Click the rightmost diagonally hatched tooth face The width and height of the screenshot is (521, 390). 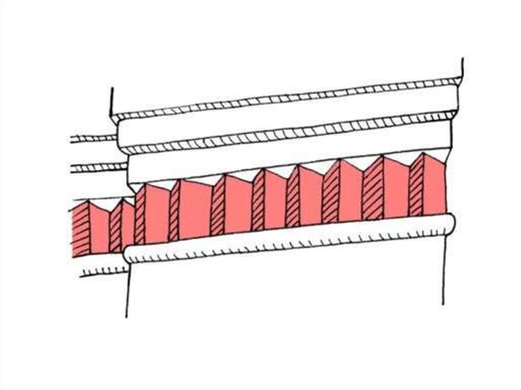pos(416,186)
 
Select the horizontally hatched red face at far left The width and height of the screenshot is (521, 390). pos(80,230)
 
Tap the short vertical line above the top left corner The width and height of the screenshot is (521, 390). pos(112,101)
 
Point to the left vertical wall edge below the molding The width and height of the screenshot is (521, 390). pos(128,290)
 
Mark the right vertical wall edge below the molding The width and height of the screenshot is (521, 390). pos(444,269)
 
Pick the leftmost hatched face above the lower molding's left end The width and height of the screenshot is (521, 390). pos(140,216)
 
